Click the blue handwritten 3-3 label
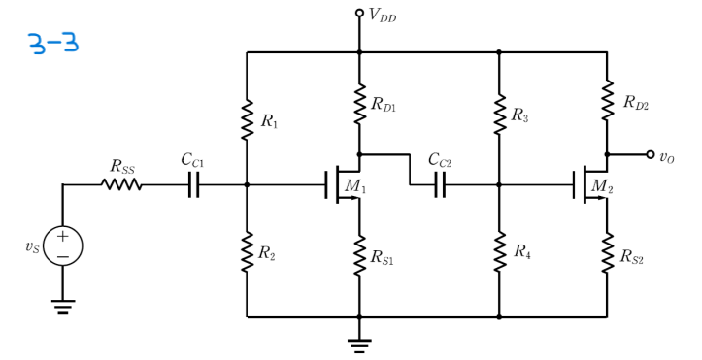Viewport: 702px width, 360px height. click(x=52, y=44)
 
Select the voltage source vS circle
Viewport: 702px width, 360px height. click(x=63, y=245)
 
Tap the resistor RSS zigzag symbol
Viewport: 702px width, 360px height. click(x=122, y=184)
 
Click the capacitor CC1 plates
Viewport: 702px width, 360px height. click(x=193, y=184)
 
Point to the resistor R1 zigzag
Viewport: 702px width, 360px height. click(x=248, y=119)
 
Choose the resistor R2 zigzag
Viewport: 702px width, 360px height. click(x=248, y=252)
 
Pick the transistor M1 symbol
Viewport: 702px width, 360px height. click(x=345, y=184)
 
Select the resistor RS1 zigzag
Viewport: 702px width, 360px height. click(x=359, y=255)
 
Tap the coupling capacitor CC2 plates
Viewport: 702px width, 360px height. click(x=440, y=184)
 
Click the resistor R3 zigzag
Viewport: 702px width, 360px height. click(x=499, y=115)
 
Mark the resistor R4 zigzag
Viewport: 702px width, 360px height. click(x=499, y=252)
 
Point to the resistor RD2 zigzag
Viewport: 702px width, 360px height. click(x=607, y=101)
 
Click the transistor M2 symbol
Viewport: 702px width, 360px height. click(x=592, y=184)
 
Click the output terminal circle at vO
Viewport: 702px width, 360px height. click(x=677, y=154)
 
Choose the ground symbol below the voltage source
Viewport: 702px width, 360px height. click(x=63, y=307)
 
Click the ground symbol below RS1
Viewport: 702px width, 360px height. click(x=359, y=344)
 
